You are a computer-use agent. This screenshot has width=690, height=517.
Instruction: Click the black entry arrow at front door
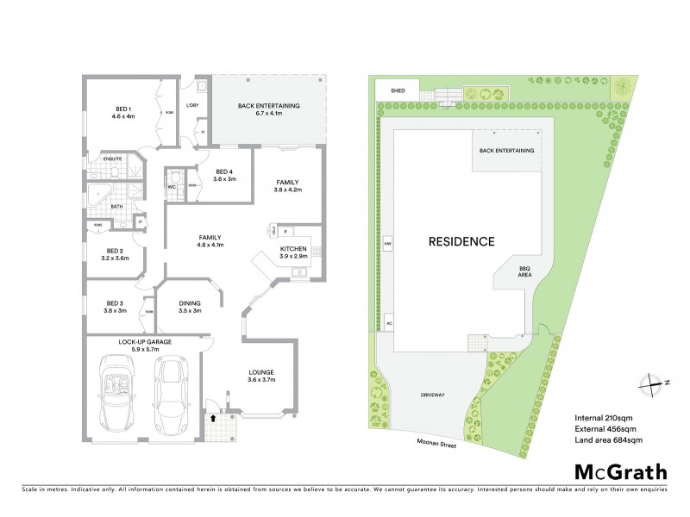point(214,417)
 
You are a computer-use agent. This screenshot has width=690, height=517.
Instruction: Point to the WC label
point(172,186)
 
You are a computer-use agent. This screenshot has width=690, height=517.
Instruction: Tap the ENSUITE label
point(112,159)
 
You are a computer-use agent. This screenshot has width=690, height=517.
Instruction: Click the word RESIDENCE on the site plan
point(461,241)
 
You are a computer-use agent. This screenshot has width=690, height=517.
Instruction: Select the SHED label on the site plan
point(398,90)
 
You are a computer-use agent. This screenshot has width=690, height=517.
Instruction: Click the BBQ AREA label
point(524,274)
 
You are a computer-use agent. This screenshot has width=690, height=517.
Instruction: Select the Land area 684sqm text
point(609,441)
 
